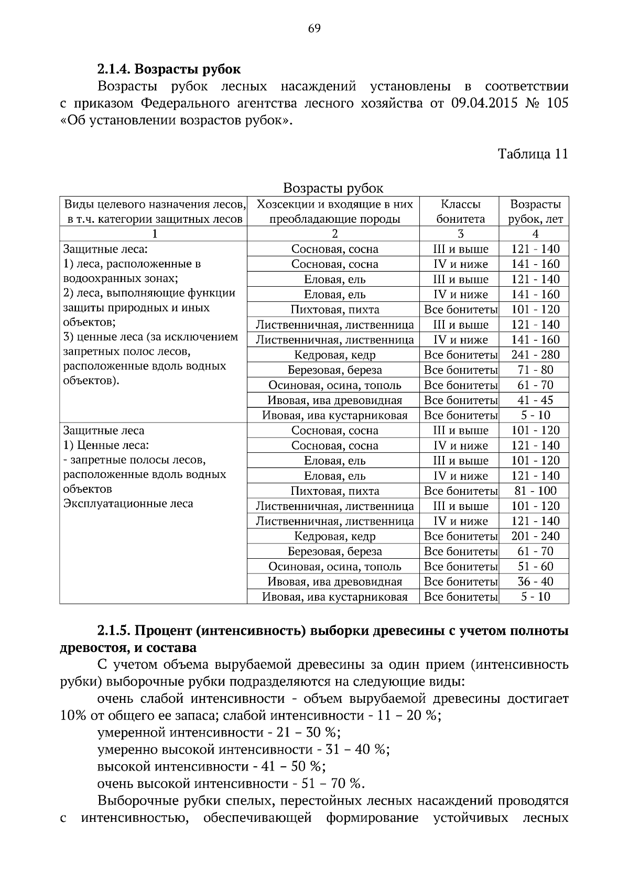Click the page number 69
314,28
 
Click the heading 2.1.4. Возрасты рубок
169,69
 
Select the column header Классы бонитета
460,211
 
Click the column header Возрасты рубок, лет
535,211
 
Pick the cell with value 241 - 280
535,355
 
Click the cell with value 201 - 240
535,536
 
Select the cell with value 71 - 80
535,370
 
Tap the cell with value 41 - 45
535,400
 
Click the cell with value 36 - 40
535,582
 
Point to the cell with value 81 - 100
535,491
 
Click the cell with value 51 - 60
535,567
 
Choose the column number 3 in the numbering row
460,234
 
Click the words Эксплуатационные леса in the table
128,504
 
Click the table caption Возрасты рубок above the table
333,188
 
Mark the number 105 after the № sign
557,103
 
